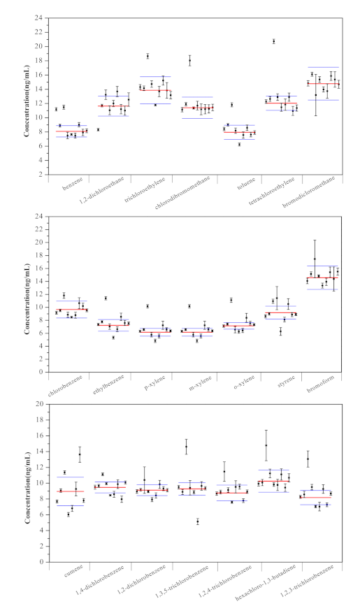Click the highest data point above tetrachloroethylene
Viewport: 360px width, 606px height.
coord(273,41)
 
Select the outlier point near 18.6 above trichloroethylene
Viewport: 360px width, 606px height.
coord(147,56)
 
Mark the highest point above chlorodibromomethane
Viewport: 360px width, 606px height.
coord(189,61)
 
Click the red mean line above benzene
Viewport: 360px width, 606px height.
coord(71,131)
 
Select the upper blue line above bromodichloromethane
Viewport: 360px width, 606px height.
coord(323,68)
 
